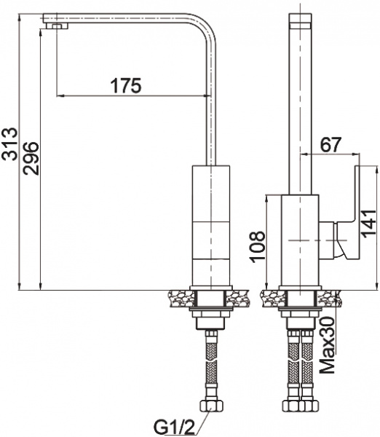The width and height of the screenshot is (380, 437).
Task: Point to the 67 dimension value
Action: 330,144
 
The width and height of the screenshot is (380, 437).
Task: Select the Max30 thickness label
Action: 328,345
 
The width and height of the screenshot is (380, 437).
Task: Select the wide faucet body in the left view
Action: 210,226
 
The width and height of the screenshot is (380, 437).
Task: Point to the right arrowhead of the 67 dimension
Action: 356,154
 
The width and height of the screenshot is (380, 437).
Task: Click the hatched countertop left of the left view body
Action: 178,297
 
